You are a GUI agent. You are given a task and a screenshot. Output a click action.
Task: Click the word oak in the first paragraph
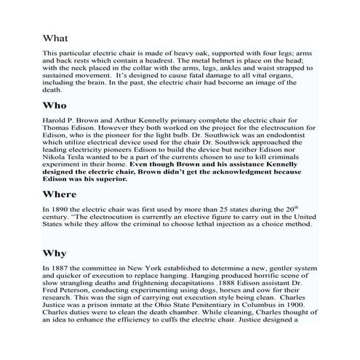coord(193,54)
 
